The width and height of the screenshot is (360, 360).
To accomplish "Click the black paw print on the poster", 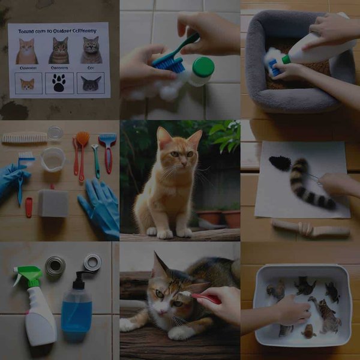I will coord(59,83).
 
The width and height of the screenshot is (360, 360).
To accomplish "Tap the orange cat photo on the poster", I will coord(26,52).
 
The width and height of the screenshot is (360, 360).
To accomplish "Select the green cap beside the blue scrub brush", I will coord(203,68).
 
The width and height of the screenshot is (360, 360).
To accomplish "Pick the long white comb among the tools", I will coord(24,138).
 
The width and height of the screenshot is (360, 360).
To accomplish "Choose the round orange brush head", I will coord(82,139).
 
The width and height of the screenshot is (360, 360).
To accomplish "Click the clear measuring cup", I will coord(53,160).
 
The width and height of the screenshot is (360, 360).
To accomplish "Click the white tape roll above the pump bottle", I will coord(92,262).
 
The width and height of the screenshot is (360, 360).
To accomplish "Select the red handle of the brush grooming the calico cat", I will coord(208,298).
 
